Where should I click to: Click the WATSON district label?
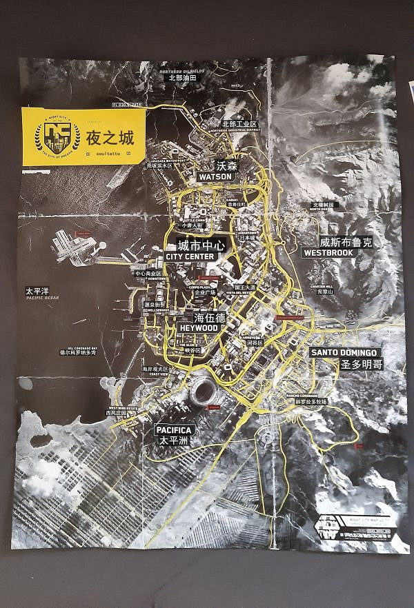pos(215,176)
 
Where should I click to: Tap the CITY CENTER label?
pos(191,256)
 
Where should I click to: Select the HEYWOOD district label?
pos(198,328)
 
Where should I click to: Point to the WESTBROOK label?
pos(328,253)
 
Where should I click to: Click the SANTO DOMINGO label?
pos(343,352)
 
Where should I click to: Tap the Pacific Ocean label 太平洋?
pos(38,291)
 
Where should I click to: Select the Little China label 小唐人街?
pos(191,225)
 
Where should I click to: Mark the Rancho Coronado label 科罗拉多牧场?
pos(310,401)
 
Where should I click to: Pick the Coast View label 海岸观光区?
pos(155,369)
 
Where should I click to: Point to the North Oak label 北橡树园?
pos(323,205)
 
